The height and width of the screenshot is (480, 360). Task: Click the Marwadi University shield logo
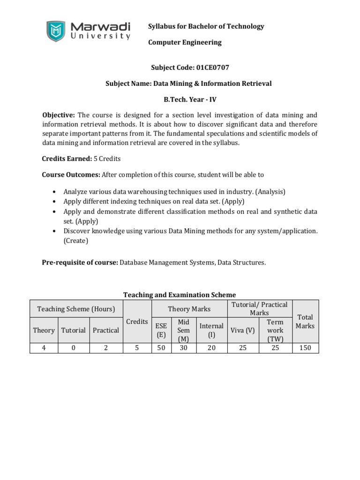pyautogui.click(x=56, y=30)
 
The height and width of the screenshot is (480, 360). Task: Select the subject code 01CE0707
pyautogui.click(x=210, y=67)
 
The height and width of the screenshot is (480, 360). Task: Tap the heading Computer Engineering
pyautogui.click(x=185, y=42)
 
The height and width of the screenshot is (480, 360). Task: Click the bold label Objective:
pyautogui.click(x=59, y=115)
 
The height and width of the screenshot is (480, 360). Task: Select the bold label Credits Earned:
pyautogui.click(x=67, y=159)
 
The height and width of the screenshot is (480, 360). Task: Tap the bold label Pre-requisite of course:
pyautogui.click(x=80, y=262)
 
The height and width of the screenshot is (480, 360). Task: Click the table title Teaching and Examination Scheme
pyautogui.click(x=180, y=295)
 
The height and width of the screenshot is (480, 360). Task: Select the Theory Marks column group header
pyautogui.click(x=189, y=309)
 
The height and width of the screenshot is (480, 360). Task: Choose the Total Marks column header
pyautogui.click(x=305, y=321)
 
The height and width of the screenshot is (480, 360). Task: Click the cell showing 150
pyautogui.click(x=305, y=348)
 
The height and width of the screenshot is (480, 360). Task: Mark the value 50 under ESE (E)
pyautogui.click(x=161, y=348)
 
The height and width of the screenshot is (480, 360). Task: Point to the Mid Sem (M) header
pyautogui.click(x=183, y=330)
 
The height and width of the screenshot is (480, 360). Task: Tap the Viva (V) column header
pyautogui.click(x=243, y=330)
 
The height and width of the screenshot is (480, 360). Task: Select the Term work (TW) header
pyautogui.click(x=275, y=330)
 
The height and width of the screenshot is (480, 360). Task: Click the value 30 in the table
pyautogui.click(x=183, y=348)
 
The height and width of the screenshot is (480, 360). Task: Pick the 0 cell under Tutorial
pyautogui.click(x=73, y=348)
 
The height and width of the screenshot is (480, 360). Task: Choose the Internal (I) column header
pyautogui.click(x=211, y=330)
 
